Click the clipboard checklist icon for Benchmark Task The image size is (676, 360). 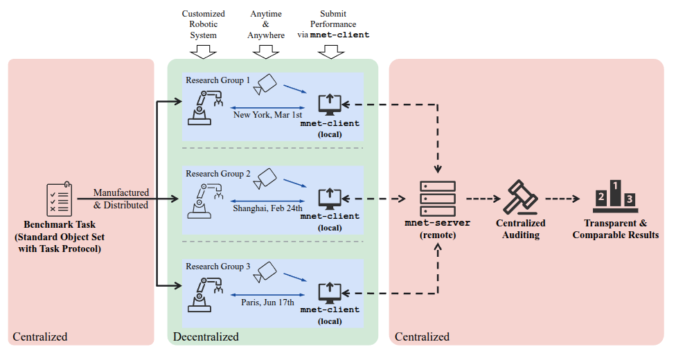point(59,199)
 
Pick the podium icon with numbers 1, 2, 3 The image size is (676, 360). point(615,196)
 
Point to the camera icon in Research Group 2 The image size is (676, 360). point(265,178)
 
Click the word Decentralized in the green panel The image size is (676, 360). point(205,337)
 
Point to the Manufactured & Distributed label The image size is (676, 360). point(121,199)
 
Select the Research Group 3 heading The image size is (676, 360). point(218,267)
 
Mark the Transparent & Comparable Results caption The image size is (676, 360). point(615,229)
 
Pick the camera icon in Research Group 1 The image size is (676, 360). point(267,84)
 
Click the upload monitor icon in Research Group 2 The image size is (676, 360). point(330,199)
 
